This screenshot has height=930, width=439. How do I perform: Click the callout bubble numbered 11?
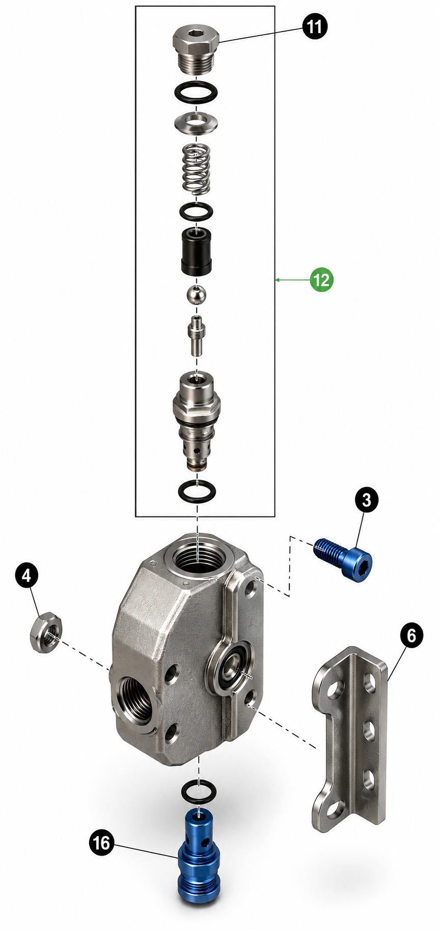(x=315, y=26)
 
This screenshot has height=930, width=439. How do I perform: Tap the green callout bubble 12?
(x=322, y=280)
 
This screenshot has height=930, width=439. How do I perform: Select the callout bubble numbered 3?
(x=367, y=500)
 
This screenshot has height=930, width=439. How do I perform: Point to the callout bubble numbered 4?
(x=27, y=575)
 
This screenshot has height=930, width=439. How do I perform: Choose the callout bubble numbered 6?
(x=411, y=635)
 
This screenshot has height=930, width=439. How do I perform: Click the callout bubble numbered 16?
(x=101, y=843)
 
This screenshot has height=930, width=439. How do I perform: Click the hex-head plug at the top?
(x=197, y=50)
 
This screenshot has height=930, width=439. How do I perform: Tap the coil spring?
(x=197, y=168)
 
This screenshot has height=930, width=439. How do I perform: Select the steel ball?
(x=197, y=295)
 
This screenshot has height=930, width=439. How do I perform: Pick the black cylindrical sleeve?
(x=197, y=250)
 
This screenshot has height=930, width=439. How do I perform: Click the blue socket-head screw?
(x=343, y=559)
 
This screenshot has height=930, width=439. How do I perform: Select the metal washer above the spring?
(x=197, y=123)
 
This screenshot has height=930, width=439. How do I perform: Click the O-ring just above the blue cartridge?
(x=199, y=791)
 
